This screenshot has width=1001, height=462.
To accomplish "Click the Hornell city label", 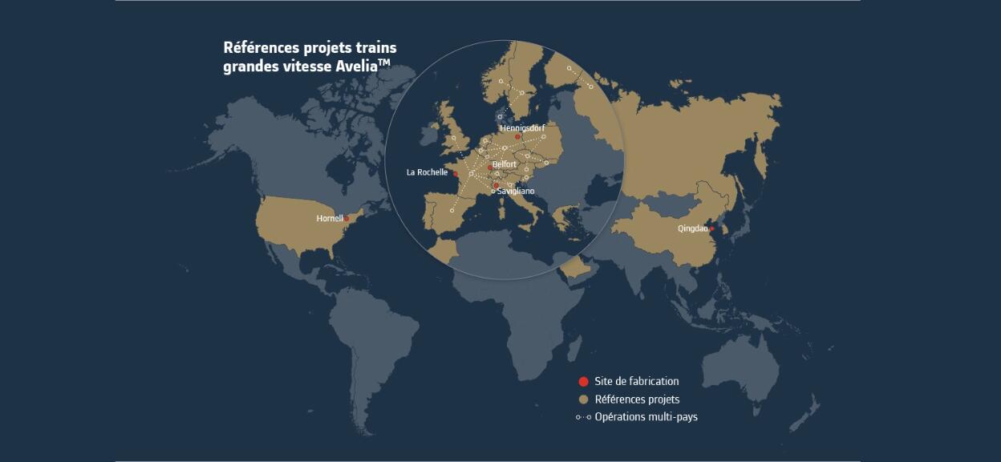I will point(330,218).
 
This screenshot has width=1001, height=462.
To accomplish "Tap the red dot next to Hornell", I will point(346,219).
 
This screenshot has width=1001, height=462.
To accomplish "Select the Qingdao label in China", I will point(692,229).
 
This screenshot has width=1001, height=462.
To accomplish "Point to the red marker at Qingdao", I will point(711,229).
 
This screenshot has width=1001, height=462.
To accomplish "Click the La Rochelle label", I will point(427,172).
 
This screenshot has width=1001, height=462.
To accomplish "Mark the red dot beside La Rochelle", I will point(455,174).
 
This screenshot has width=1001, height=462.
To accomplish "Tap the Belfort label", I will point(505,164).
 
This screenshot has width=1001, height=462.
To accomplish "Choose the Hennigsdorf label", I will point(522,128).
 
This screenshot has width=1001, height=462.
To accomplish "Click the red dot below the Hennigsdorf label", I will point(517,137).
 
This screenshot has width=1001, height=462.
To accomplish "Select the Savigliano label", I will point(516,191).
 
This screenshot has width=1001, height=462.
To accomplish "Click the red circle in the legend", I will point(583,382).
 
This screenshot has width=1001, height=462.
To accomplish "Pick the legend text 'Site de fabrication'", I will point(637,382).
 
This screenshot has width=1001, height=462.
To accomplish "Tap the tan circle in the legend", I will point(583,399).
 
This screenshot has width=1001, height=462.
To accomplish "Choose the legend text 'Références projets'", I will point(637,399).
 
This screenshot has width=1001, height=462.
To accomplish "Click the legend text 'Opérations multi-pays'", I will point(646,417).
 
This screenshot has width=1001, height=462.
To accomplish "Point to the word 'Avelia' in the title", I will point(355,67).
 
